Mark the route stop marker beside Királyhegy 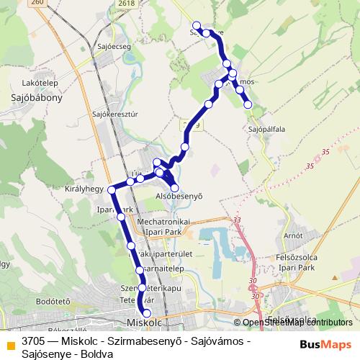tap(112, 189)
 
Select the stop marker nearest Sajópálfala tap(248, 105)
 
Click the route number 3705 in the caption tap(34, 340)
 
